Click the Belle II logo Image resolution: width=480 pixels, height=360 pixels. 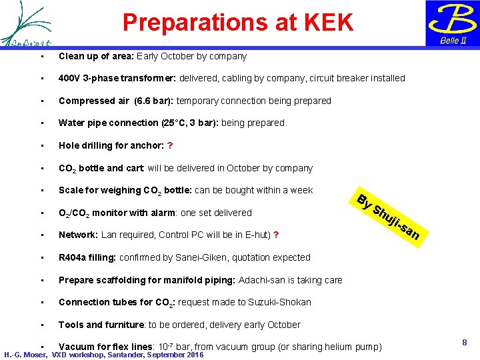453,23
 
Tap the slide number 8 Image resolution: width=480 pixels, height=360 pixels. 465,342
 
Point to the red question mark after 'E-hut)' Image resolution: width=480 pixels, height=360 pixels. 276,235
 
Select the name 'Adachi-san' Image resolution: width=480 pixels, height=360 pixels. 262,280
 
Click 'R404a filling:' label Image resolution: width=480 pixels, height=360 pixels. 87,257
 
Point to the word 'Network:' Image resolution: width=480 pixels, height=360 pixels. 78,235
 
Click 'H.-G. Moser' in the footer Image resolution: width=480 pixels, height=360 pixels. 25,355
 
